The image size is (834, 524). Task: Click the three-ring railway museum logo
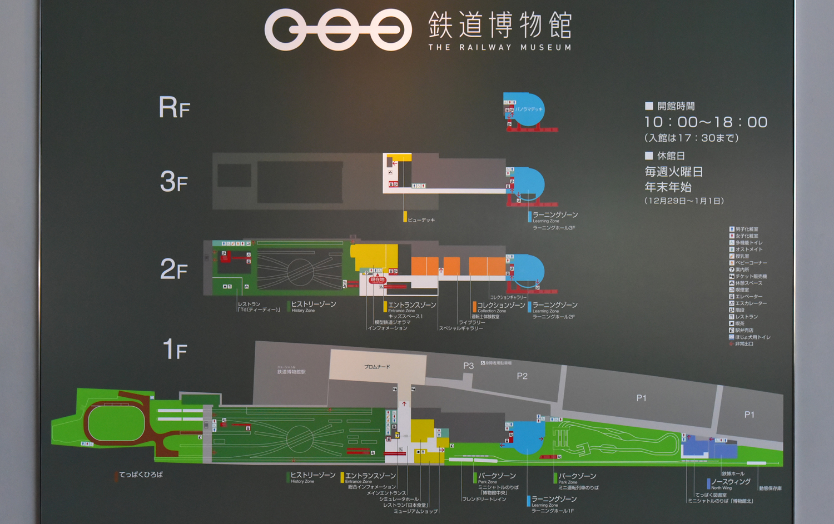point(337,29)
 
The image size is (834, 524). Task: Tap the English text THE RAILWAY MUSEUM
point(499,48)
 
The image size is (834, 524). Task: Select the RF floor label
point(174,107)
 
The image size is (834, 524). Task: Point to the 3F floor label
point(173,182)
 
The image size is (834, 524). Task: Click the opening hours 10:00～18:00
point(706,122)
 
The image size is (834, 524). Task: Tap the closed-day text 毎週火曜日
point(674,172)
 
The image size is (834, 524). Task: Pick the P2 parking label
point(522,376)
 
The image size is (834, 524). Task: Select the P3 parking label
point(468,366)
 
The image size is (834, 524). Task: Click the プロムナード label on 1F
point(377,367)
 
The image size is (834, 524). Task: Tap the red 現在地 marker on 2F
point(378,280)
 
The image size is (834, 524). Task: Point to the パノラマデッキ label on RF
point(529,109)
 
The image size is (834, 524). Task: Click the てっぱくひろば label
point(141,475)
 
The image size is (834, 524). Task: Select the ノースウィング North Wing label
point(731,482)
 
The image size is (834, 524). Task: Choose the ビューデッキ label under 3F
point(421,220)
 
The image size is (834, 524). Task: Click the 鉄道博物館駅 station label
point(291,372)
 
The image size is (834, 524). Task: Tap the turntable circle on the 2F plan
point(300,272)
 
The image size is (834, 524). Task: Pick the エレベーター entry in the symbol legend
point(748,297)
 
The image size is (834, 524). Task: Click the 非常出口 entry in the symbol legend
point(744,344)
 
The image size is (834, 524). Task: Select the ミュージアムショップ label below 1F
point(415,511)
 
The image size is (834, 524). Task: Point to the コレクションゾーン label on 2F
point(501,305)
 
